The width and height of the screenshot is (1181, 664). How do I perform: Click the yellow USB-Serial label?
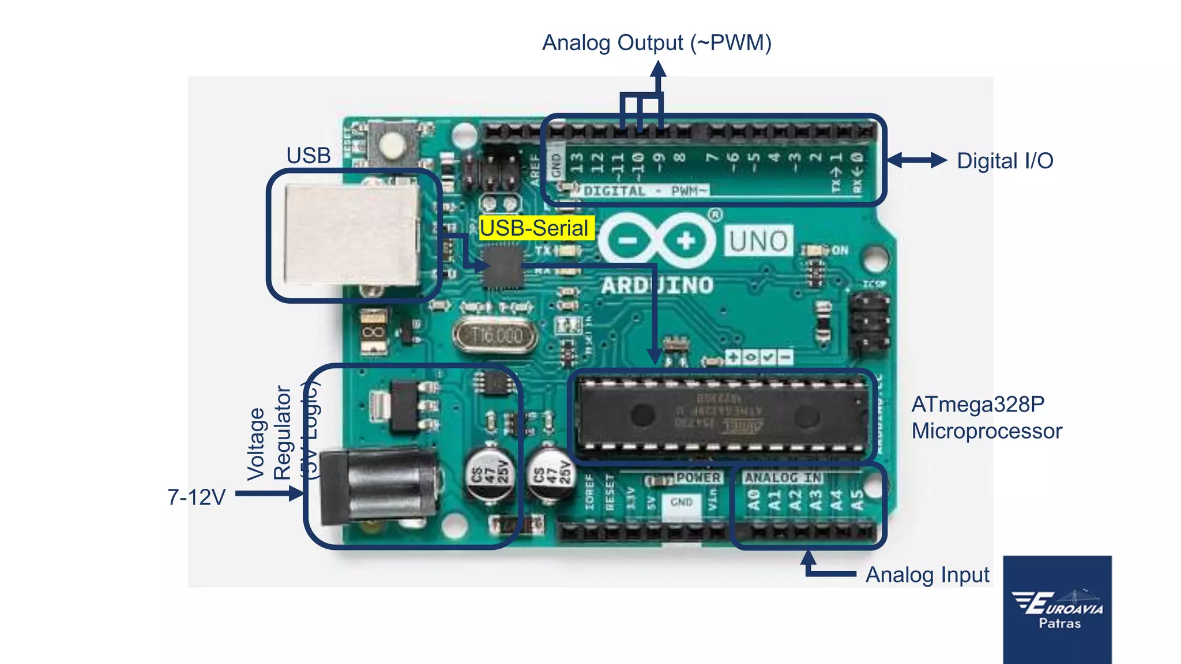(535, 228)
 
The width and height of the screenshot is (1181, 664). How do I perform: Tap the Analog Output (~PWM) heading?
(656, 43)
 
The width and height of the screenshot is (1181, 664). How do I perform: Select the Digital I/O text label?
(1005, 161)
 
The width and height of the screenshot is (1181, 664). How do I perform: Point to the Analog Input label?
(927, 575)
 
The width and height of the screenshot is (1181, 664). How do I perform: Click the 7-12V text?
(196, 497)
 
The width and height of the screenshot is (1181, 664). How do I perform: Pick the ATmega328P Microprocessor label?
(986, 418)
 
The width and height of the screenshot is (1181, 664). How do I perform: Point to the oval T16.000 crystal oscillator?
(495, 335)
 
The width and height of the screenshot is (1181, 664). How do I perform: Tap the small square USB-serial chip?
(502, 267)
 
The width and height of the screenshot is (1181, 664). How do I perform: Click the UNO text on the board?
(758, 241)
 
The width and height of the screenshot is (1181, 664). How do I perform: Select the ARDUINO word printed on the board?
(657, 285)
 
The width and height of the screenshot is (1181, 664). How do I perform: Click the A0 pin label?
(753, 500)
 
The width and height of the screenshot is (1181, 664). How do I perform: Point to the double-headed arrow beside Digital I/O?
(916, 160)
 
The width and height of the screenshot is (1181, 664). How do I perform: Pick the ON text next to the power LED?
(840, 250)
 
